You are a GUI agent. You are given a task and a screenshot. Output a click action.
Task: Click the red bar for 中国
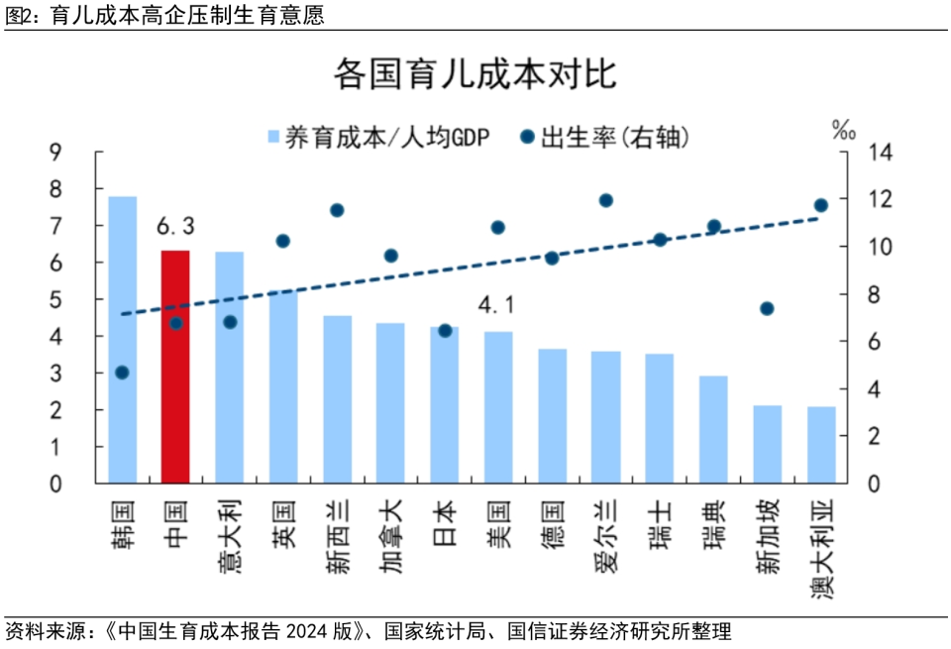[x=175, y=367]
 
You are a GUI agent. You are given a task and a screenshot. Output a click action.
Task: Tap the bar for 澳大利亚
[x=821, y=445]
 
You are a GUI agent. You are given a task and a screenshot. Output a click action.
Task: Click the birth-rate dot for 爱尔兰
[x=606, y=200]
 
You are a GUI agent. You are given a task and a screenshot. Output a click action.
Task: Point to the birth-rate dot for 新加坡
[x=767, y=308]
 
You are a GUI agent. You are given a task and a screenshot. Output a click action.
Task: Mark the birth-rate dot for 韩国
[x=122, y=373]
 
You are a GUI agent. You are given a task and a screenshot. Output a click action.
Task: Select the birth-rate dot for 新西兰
[x=337, y=210]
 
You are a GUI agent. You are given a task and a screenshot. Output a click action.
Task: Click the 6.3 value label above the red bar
[x=175, y=228]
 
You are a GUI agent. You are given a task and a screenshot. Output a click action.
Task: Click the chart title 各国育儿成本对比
[x=475, y=74]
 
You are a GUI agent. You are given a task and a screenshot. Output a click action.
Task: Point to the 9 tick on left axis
[x=55, y=152]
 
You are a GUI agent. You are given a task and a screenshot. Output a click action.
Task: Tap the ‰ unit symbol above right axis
[x=844, y=129]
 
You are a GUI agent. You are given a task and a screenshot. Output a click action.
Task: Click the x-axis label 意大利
[x=230, y=540]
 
